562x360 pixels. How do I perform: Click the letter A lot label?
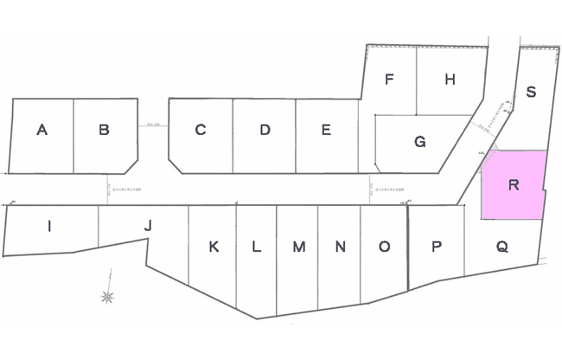42,131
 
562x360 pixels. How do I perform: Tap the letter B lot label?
104,131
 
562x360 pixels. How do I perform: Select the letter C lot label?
200,131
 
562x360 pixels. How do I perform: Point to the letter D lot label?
265,131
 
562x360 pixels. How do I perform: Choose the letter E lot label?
326,131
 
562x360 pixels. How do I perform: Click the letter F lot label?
390,80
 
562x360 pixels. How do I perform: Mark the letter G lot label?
419,142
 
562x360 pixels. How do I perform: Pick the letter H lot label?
450,80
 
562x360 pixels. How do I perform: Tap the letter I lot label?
49,227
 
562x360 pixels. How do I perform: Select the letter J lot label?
148,226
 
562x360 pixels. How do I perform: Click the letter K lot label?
214,247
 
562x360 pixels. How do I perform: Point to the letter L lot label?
256,247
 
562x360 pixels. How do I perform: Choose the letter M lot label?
298,247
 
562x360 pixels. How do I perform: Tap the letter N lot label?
341,247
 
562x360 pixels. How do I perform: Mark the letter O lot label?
384,247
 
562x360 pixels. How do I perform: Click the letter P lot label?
437,247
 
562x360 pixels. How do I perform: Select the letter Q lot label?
501,247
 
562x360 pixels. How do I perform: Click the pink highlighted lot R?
514,185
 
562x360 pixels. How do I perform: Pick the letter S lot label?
531,93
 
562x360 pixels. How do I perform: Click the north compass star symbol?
108,297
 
